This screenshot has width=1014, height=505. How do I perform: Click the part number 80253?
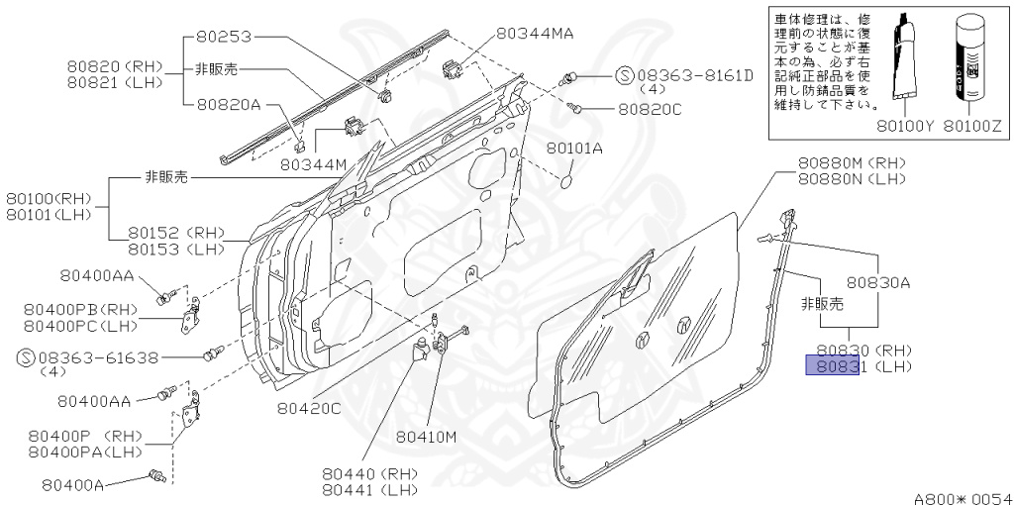(x=225, y=38)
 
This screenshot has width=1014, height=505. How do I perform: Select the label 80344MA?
(x=536, y=34)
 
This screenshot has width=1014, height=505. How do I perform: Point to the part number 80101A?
(x=574, y=148)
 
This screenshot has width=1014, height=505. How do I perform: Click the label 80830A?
(x=876, y=282)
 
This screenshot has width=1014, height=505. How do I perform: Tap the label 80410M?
(x=426, y=436)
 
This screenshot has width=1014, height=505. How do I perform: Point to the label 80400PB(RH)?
(x=79, y=309)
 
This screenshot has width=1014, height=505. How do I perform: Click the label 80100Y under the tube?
(x=905, y=127)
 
